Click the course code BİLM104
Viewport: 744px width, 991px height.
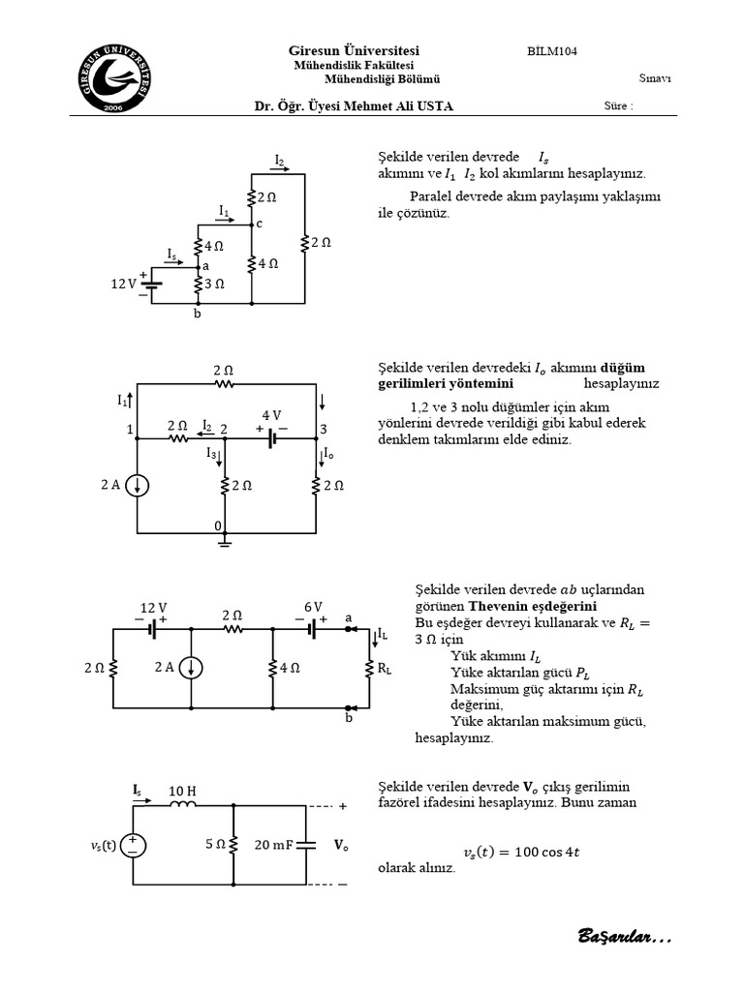pos(552,51)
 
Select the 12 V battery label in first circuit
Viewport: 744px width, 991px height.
pos(123,285)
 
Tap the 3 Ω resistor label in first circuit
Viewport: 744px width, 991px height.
pos(215,285)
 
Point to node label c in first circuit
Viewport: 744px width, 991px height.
pos(260,224)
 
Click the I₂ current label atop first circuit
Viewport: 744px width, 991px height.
pos(279,160)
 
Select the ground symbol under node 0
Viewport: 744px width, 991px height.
pos(225,543)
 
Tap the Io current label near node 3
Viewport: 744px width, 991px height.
pos(329,454)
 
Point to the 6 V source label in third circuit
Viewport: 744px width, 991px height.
pos(312,607)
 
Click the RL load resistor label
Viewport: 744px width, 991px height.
pos(385,668)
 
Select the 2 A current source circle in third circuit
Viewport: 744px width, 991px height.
pos(192,667)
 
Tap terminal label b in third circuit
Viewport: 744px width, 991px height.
pos(349,719)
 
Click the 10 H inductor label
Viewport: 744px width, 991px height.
pos(182,791)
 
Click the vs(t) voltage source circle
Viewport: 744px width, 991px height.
pos(133,844)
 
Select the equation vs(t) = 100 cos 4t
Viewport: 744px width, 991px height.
pos(522,852)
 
